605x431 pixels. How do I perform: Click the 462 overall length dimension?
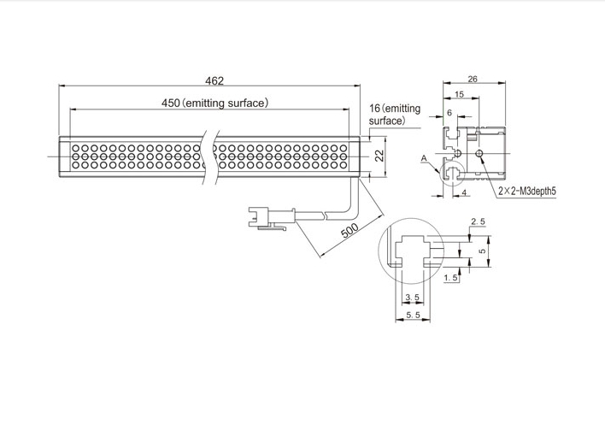point(214,80)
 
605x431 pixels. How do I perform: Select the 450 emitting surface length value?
point(170,103)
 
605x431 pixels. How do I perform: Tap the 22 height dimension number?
point(380,156)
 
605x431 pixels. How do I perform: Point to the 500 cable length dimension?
point(350,231)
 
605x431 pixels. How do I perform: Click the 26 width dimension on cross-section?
point(473,80)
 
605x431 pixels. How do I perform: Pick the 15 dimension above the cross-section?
point(459,94)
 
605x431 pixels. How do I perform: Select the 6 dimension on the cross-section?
point(449,112)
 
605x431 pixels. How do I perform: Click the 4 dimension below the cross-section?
point(464,192)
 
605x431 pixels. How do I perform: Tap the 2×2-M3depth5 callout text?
point(527,191)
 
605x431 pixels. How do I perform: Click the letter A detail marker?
point(424,158)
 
